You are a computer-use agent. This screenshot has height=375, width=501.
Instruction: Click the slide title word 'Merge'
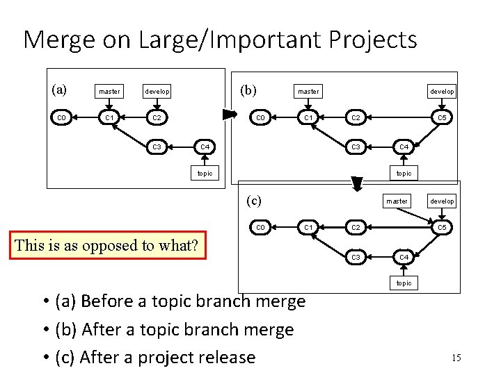click(x=59, y=40)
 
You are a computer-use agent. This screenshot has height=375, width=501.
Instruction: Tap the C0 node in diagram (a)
click(x=61, y=117)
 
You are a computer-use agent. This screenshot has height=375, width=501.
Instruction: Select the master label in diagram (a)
click(x=109, y=91)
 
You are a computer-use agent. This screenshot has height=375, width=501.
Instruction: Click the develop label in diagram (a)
click(x=157, y=91)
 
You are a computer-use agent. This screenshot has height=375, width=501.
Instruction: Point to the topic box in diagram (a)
click(x=205, y=173)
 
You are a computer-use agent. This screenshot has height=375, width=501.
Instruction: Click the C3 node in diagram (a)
click(x=157, y=147)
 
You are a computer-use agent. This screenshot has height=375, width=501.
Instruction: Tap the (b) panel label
click(x=248, y=90)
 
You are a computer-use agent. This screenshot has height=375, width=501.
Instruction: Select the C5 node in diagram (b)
click(x=442, y=117)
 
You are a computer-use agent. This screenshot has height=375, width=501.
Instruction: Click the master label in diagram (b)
click(x=308, y=91)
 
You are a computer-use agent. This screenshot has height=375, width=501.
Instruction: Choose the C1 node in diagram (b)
click(x=308, y=117)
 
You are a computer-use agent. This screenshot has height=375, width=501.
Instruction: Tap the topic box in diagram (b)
click(x=404, y=173)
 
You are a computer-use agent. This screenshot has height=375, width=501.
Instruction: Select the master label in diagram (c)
click(x=397, y=201)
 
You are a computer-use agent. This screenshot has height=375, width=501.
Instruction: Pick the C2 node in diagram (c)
click(x=356, y=227)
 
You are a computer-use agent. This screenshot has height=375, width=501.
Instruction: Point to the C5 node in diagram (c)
click(x=442, y=227)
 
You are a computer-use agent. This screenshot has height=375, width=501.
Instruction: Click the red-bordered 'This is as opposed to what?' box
click(x=106, y=244)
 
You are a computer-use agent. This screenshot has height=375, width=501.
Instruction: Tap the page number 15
click(x=456, y=358)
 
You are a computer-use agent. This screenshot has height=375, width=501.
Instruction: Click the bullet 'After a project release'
click(x=168, y=357)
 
